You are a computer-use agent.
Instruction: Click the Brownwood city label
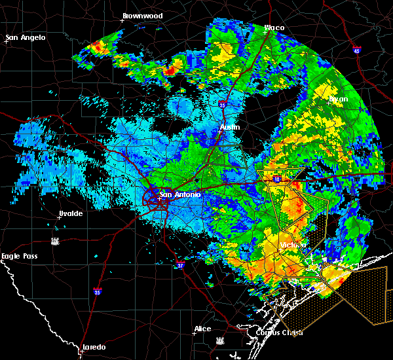coord(142,15)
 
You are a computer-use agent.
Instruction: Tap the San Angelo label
coord(26,37)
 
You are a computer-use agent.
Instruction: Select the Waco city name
coord(274,28)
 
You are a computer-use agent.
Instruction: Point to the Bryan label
coord(339,98)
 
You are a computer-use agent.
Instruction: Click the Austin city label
coord(230,127)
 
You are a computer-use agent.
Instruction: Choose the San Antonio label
coord(181,194)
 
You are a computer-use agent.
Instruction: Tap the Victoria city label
coord(293,245)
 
